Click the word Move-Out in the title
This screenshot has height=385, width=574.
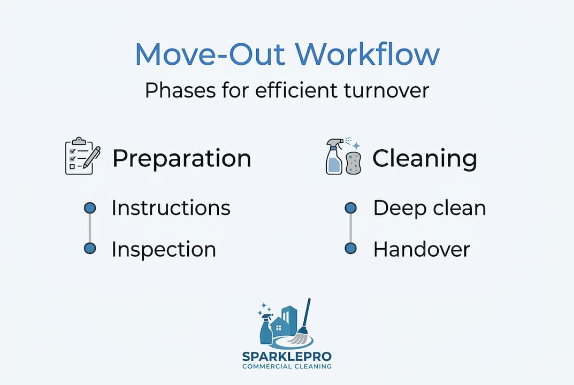coord(210,54)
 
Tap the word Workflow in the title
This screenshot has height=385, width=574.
coord(368,54)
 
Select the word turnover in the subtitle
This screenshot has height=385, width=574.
coord(386,90)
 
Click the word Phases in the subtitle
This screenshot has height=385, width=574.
coord(180,90)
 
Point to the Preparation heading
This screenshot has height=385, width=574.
coord(181,159)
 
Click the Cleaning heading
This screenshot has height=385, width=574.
coord(425,159)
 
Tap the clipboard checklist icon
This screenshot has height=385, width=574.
coord(83,156)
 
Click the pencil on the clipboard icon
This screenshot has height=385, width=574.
coord(92,157)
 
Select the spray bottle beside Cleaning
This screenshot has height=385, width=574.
coord(335,156)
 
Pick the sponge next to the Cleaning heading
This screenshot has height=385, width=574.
coord(353,163)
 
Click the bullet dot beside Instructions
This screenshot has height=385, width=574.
coord(90,208)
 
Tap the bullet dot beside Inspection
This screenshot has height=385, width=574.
coord(90,248)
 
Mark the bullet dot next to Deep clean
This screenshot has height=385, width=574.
coord(351,208)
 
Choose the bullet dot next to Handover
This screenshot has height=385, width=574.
coord(351,248)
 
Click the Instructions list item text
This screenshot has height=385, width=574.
coord(171,208)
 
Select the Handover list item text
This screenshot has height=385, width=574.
coord(422,250)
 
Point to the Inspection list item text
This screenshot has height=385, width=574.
coord(164,250)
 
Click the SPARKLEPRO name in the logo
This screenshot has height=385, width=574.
coord(287,356)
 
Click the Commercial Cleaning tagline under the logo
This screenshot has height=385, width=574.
coord(287,366)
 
